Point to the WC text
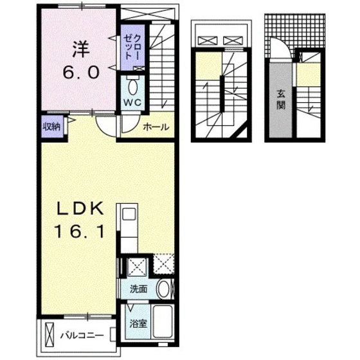(132, 102)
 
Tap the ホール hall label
(156, 127)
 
